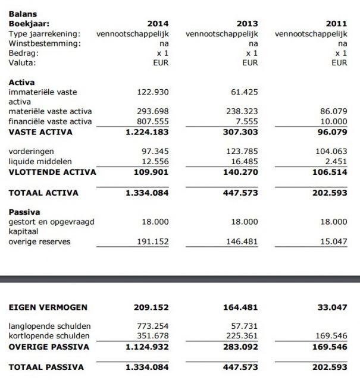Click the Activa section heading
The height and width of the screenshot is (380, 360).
coord(21,82)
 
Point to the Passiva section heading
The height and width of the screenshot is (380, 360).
coord(24,211)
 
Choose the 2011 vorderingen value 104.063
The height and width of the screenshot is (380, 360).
coord(331,152)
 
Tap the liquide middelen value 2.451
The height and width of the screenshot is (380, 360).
coord(335,162)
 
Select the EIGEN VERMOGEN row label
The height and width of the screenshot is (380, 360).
coord(48,307)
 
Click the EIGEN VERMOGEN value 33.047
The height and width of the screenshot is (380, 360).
coord(333,307)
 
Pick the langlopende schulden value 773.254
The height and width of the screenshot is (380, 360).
coord(153,326)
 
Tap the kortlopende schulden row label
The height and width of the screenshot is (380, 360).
coord(49,337)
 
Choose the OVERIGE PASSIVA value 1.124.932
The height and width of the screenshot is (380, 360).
coord(148,347)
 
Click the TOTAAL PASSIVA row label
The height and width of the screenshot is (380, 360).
coord(46,367)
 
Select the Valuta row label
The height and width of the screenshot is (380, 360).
coord(22,62)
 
